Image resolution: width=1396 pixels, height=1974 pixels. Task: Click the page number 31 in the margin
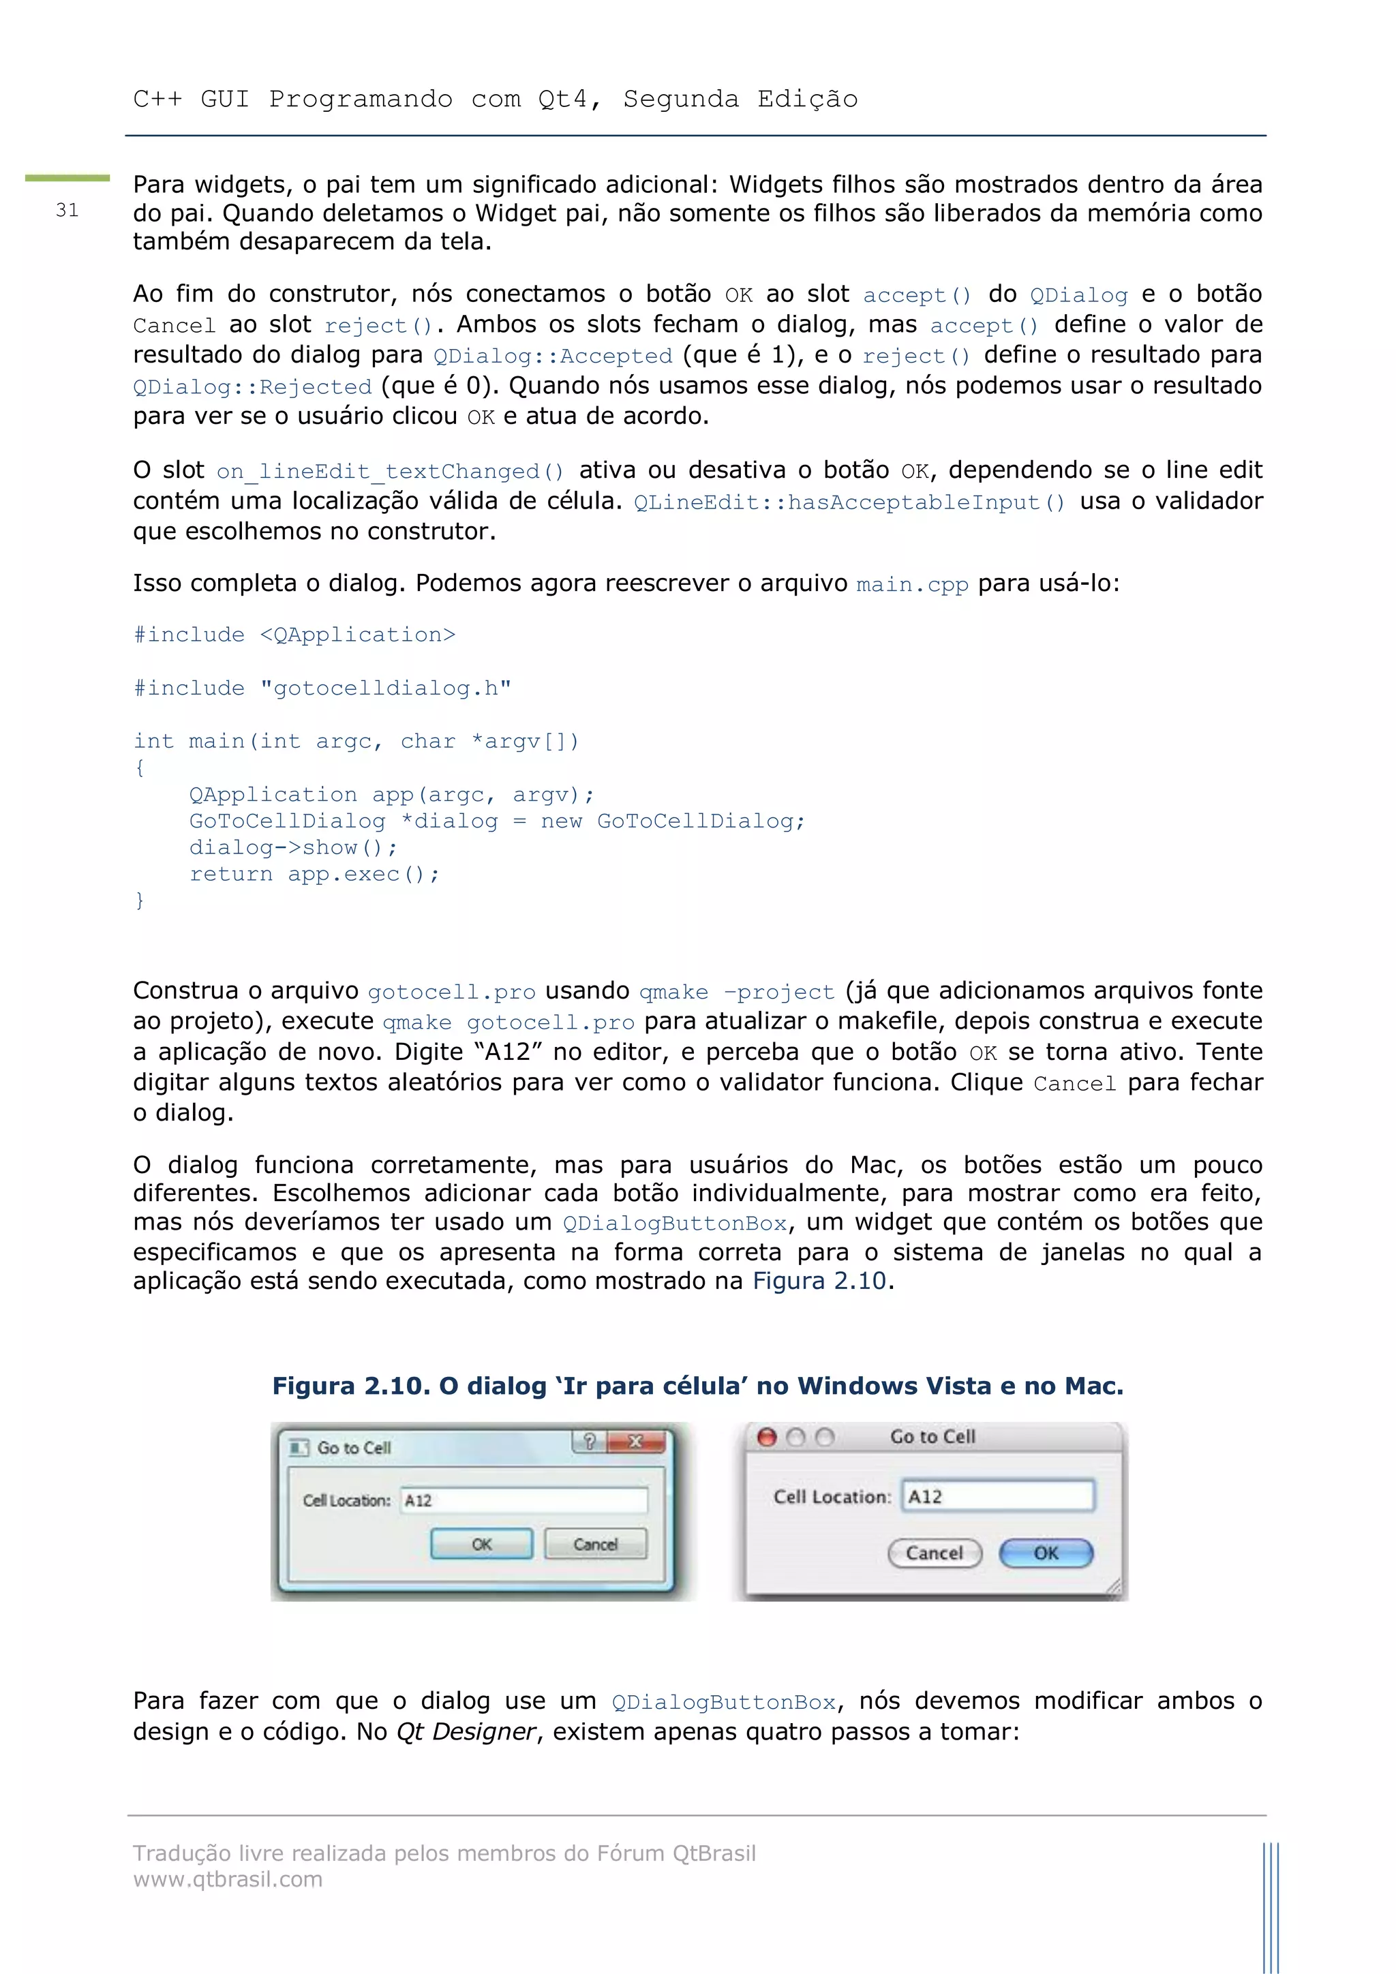point(67,211)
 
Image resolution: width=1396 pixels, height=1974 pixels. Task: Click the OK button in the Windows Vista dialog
point(481,1544)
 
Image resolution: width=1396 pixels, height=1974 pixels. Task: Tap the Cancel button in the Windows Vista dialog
point(595,1544)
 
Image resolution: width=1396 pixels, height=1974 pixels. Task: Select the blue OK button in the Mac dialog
point(1046,1553)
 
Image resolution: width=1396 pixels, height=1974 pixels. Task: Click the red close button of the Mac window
point(767,1437)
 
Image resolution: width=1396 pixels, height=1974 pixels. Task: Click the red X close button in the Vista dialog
point(636,1442)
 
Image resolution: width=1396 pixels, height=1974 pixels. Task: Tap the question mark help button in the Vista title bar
point(590,1442)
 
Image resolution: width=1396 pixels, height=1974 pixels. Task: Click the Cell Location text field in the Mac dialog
point(997,1496)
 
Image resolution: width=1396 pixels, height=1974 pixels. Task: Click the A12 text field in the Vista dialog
point(523,1500)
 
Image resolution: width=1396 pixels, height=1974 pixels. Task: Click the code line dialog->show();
point(293,848)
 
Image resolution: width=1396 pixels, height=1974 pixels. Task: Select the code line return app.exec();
point(314,875)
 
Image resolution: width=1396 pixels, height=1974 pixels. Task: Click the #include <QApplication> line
point(294,635)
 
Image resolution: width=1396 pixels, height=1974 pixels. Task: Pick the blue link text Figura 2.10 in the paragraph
point(819,1281)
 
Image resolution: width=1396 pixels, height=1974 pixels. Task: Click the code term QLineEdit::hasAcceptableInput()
point(849,502)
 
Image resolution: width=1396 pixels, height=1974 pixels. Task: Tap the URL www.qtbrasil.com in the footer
point(228,1879)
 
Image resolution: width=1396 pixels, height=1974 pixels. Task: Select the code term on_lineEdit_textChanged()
point(391,471)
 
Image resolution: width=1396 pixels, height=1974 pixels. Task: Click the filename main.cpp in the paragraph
point(912,585)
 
